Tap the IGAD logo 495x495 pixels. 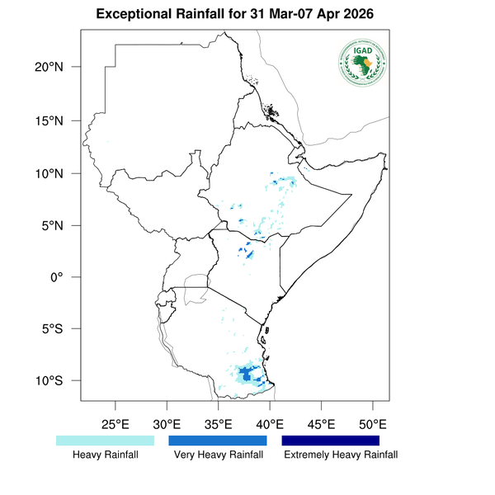point(363,64)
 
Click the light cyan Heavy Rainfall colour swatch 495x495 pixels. point(105,441)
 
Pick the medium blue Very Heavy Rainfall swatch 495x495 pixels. point(218,441)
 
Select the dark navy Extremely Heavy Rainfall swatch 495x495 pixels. point(331,441)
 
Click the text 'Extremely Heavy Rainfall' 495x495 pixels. point(340,455)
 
